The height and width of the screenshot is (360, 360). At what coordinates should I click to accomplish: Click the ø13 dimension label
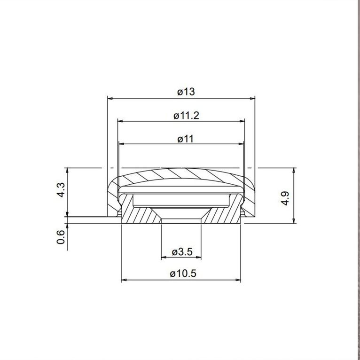tap(186, 92)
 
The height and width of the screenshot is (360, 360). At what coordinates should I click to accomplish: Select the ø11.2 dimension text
tap(186, 115)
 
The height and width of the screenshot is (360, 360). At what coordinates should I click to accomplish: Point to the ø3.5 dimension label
tap(182, 252)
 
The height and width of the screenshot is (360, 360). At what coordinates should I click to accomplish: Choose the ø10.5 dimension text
tap(183, 274)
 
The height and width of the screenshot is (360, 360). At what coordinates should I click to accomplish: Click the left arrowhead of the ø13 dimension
tap(110, 98)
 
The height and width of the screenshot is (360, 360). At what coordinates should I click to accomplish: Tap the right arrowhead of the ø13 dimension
tap(252, 98)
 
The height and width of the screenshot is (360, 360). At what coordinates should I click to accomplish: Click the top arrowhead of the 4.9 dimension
tap(294, 170)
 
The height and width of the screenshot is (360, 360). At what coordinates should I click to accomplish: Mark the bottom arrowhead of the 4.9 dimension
tap(294, 221)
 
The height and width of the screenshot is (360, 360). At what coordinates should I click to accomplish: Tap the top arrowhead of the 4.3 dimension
tap(69, 170)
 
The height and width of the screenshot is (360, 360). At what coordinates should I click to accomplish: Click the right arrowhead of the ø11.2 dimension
tap(243, 121)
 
